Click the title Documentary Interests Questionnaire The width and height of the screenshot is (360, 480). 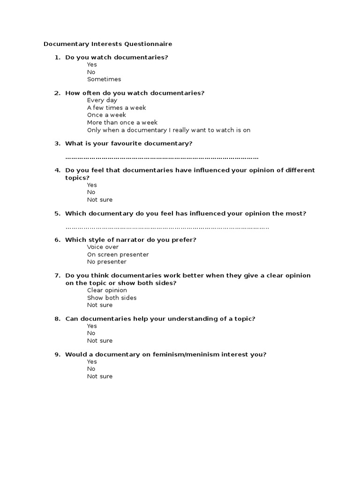tap(108, 44)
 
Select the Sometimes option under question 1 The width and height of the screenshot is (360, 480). tap(104, 79)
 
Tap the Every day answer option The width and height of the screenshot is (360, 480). tap(102, 100)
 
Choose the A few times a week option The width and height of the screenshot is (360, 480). tap(116, 108)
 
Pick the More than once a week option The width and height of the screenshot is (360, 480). tap(122, 122)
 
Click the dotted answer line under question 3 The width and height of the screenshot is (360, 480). tap(162, 157)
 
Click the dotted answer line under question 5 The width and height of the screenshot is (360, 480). tap(167, 228)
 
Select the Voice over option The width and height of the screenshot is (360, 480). tap(103, 247)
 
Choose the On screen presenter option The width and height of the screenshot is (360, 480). tap(118, 255)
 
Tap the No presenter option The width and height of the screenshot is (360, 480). tap(106, 262)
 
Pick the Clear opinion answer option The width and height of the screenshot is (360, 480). tap(107, 290)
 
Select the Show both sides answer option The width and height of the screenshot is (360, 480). tap(112, 298)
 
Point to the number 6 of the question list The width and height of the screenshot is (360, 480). tap(57, 240)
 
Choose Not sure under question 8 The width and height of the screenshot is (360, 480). tap(100, 341)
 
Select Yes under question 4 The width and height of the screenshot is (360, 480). tap(92, 185)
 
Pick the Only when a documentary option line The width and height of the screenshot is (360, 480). tap(169, 130)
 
